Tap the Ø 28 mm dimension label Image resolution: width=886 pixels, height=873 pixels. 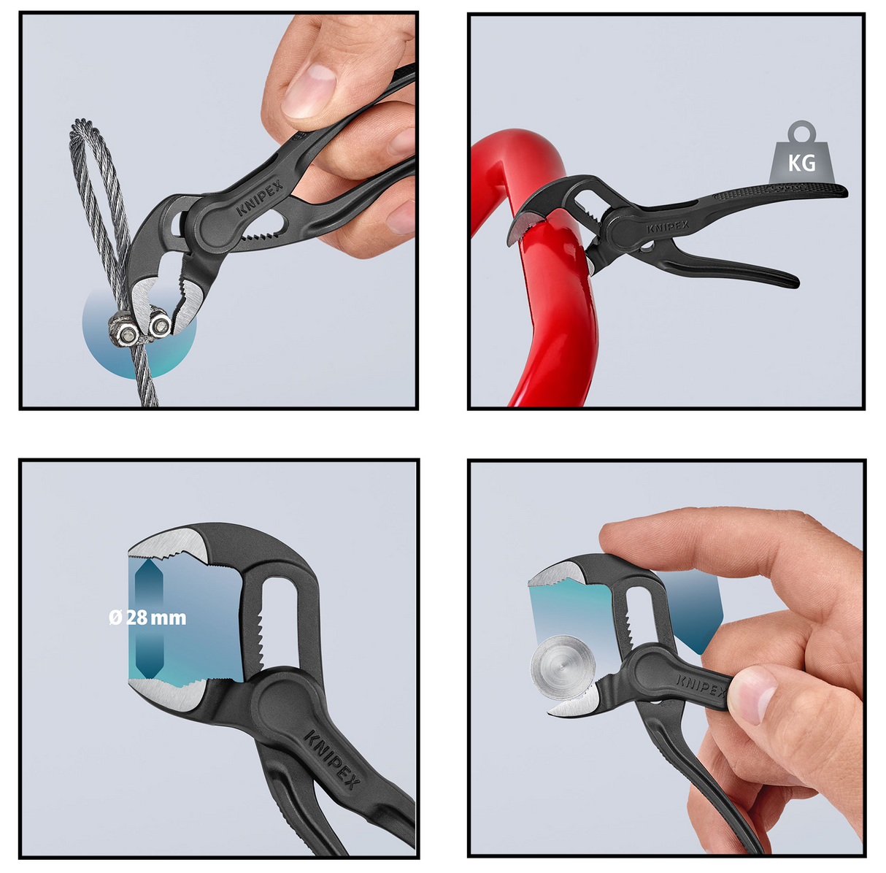pos(147,618)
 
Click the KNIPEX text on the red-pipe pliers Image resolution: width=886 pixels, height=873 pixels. pos(668,226)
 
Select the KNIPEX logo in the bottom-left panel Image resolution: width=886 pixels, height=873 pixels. pos(332,759)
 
